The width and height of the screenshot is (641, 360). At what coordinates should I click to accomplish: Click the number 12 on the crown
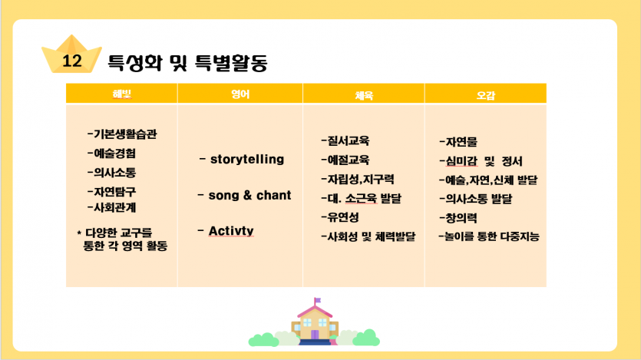pos(72,61)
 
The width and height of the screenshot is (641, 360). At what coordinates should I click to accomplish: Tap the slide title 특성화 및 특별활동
pos(187,63)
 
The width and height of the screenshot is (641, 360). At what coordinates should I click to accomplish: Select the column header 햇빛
pos(122,94)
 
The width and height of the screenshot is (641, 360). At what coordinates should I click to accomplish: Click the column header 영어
pos(240,94)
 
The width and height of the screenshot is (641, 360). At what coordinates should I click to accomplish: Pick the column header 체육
pos(364,96)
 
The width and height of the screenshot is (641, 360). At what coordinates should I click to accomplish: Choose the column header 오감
pos(486,96)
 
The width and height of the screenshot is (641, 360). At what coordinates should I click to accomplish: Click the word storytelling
pos(247,159)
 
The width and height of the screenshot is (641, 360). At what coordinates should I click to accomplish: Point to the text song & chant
pos(249,195)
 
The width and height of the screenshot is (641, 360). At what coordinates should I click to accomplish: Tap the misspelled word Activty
pos(231,231)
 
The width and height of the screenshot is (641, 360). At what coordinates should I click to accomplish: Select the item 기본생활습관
pos(125,134)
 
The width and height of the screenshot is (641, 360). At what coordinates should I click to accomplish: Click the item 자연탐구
pos(115,192)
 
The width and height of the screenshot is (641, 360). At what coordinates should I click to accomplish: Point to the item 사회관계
pos(115,207)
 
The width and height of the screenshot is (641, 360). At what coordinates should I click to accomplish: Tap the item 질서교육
pos(349,141)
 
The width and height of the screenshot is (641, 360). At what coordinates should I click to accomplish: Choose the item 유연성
pos(343,217)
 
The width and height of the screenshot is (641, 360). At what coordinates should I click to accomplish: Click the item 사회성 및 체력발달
pos(372,236)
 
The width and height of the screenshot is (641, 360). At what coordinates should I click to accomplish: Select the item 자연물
pos(461,142)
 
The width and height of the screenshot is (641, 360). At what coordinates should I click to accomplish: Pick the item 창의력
pos(461,218)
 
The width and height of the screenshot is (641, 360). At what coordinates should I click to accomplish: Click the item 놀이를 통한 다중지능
pos(492,236)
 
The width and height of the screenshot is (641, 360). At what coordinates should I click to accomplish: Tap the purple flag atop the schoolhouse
pos(318,300)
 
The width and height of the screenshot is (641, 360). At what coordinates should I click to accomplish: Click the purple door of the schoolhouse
pos(315,335)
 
